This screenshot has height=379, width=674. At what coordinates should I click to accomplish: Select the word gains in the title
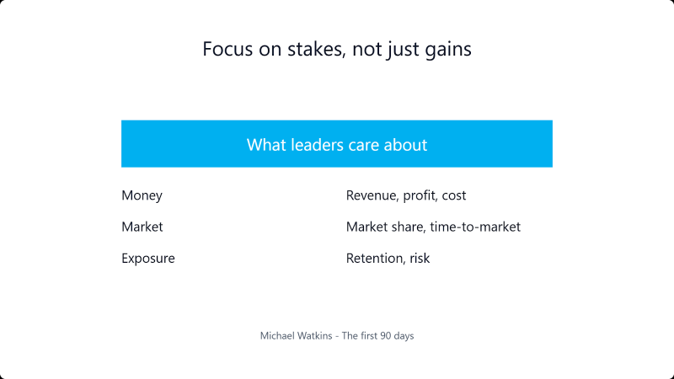pyautogui.click(x=446, y=49)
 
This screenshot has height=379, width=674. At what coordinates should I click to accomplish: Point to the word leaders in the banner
pyautogui.click(x=317, y=145)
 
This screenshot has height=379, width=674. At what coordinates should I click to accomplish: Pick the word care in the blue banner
pyautogui.click(x=365, y=145)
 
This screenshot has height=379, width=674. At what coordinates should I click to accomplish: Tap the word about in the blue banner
pyautogui.click(x=407, y=145)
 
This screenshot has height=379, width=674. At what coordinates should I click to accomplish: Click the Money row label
pyautogui.click(x=142, y=195)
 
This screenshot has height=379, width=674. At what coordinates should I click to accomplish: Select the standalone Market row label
pyautogui.click(x=142, y=227)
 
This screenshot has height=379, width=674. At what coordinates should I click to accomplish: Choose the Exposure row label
pyautogui.click(x=148, y=259)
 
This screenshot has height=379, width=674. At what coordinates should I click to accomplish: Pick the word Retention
pyautogui.click(x=374, y=259)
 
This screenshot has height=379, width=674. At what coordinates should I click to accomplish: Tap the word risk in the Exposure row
pyautogui.click(x=420, y=259)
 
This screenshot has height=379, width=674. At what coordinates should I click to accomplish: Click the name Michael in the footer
pyautogui.click(x=278, y=336)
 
